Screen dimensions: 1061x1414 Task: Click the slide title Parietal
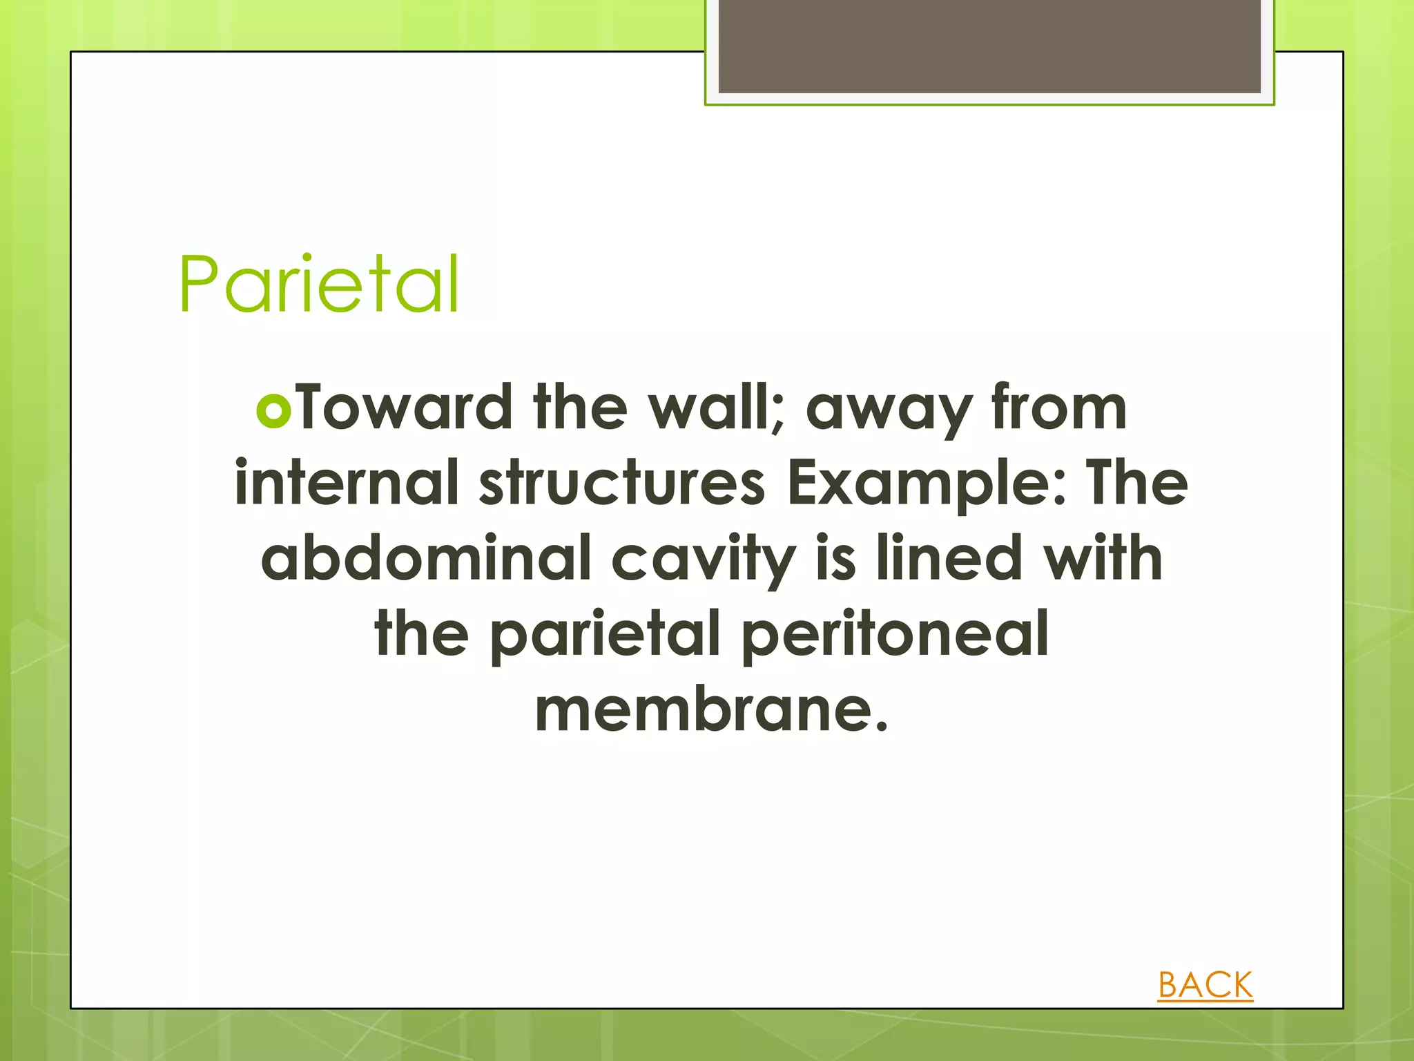click(x=319, y=284)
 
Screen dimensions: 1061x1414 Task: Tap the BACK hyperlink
click(x=1205, y=985)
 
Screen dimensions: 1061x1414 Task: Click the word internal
click(x=347, y=483)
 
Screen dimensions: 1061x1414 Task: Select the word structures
click(x=622, y=483)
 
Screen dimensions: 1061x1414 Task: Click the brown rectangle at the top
click(x=989, y=46)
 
